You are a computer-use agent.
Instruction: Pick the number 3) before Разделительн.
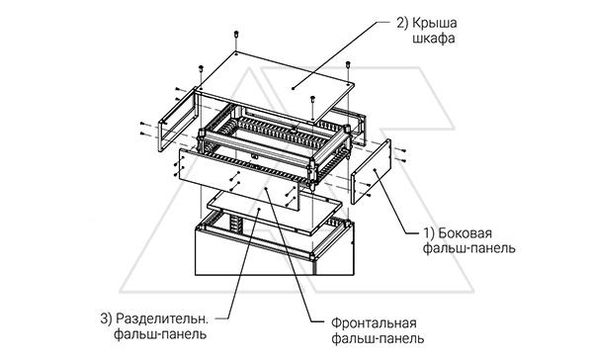[107, 318]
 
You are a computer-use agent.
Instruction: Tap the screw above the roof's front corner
[313, 99]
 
